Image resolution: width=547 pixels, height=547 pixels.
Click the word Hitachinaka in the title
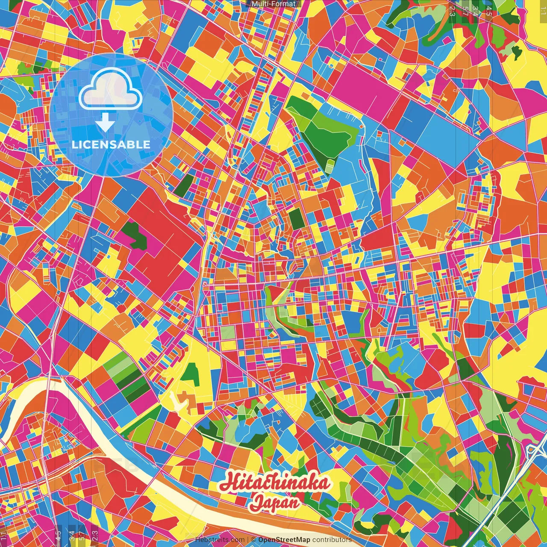tap(275, 483)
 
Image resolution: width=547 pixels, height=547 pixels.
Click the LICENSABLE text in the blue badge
tap(111, 144)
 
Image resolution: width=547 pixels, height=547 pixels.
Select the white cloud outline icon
tap(110, 89)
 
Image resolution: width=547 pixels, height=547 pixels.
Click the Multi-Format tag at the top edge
tap(273, 4)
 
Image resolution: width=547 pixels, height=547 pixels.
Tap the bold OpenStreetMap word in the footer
tap(284, 540)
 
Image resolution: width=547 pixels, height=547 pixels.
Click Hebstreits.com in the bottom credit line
tap(220, 540)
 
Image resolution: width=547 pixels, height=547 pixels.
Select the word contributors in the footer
tap(332, 540)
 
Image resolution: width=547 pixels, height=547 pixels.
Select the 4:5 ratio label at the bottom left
tap(58, 535)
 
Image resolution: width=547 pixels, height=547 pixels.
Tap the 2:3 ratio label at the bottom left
tap(95, 535)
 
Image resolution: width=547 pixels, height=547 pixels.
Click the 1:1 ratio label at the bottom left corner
tap(4, 535)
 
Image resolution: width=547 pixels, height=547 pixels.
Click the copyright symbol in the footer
tap(253, 540)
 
